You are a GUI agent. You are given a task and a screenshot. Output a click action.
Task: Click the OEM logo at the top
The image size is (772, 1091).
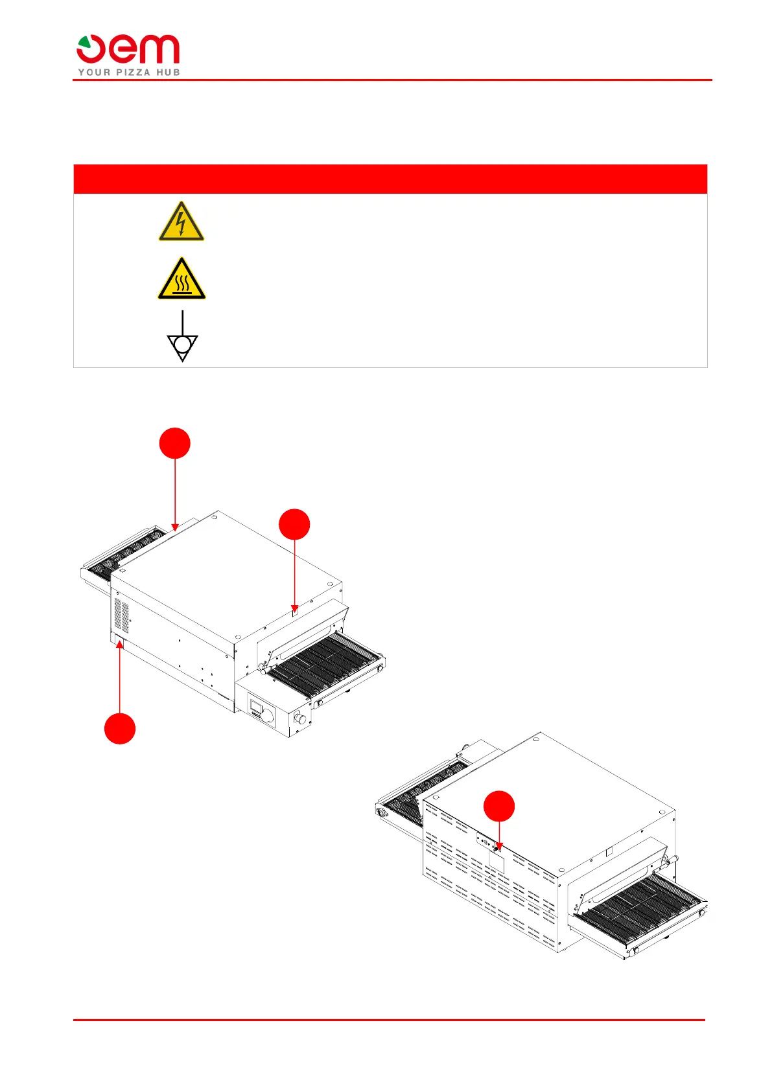pos(128,50)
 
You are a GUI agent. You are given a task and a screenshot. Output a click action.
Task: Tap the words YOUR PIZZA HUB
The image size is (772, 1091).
pos(129,73)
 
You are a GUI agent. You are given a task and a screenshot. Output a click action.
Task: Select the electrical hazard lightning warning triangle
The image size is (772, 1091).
pos(181,222)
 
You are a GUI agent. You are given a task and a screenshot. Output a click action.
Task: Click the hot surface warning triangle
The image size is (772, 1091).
pos(181,279)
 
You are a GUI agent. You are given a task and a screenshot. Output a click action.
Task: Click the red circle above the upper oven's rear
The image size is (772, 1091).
pos(175,443)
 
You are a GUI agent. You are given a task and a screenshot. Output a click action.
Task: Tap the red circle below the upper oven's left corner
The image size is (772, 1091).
pos(120,728)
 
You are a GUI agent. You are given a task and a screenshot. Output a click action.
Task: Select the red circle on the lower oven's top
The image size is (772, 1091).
pos(499,807)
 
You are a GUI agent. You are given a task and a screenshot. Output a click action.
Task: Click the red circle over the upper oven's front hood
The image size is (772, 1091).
pos(294,524)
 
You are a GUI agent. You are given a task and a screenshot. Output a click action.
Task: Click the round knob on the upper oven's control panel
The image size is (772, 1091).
pos(268,715)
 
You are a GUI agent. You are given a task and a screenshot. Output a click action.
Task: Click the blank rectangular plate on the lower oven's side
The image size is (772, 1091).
pos(497,862)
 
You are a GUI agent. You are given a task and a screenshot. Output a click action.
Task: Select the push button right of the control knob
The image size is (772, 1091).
pos(301,718)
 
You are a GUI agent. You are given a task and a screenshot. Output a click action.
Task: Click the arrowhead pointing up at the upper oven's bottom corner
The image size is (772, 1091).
pos(120,643)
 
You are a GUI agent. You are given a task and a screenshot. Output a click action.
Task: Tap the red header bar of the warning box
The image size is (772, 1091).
pos(390,179)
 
